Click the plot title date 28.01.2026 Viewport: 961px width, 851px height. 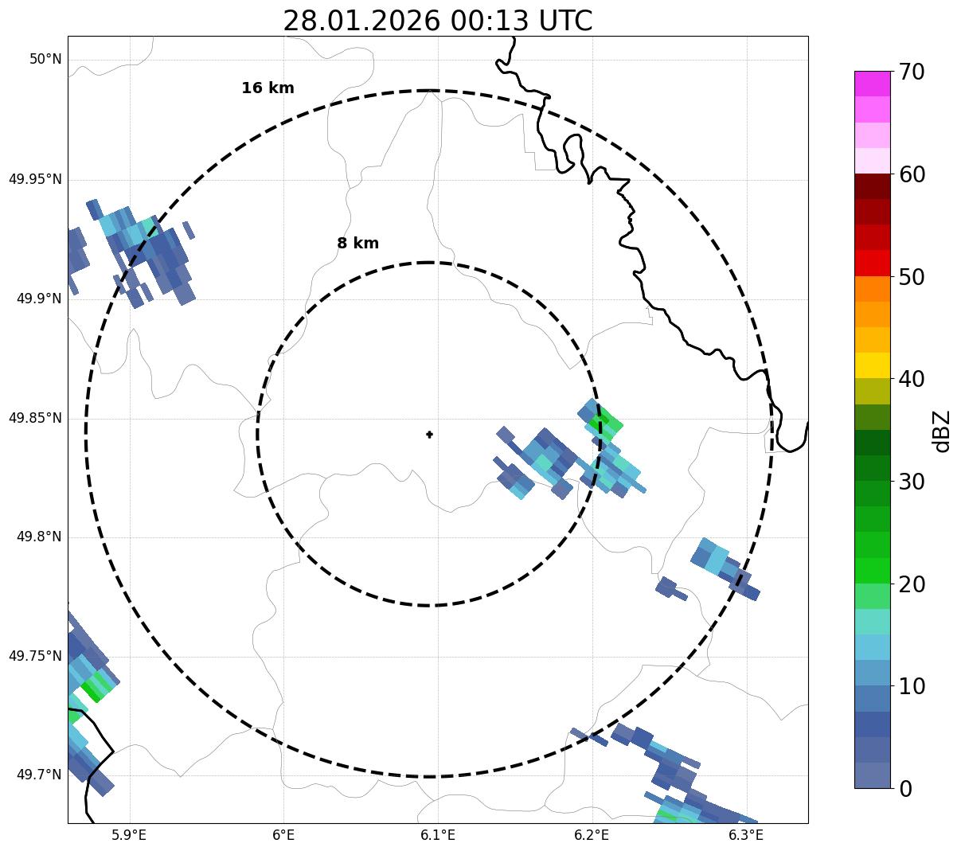361,21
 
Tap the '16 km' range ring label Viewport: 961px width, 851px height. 268,88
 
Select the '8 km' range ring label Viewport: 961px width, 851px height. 357,244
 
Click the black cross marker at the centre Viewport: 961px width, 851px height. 429,435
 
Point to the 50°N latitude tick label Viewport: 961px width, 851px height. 45,60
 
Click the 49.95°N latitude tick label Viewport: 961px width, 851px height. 35,179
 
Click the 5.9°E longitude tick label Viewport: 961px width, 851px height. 129,835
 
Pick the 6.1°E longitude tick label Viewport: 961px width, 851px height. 437,835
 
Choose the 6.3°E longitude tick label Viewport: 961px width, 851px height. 746,835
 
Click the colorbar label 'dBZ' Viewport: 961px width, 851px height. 943,431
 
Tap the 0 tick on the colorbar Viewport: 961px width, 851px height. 906,789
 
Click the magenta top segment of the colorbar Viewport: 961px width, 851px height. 872,84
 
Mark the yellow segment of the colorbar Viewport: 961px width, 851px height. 872,365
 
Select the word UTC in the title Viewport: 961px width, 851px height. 564,21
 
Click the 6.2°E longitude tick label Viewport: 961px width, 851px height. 592,835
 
